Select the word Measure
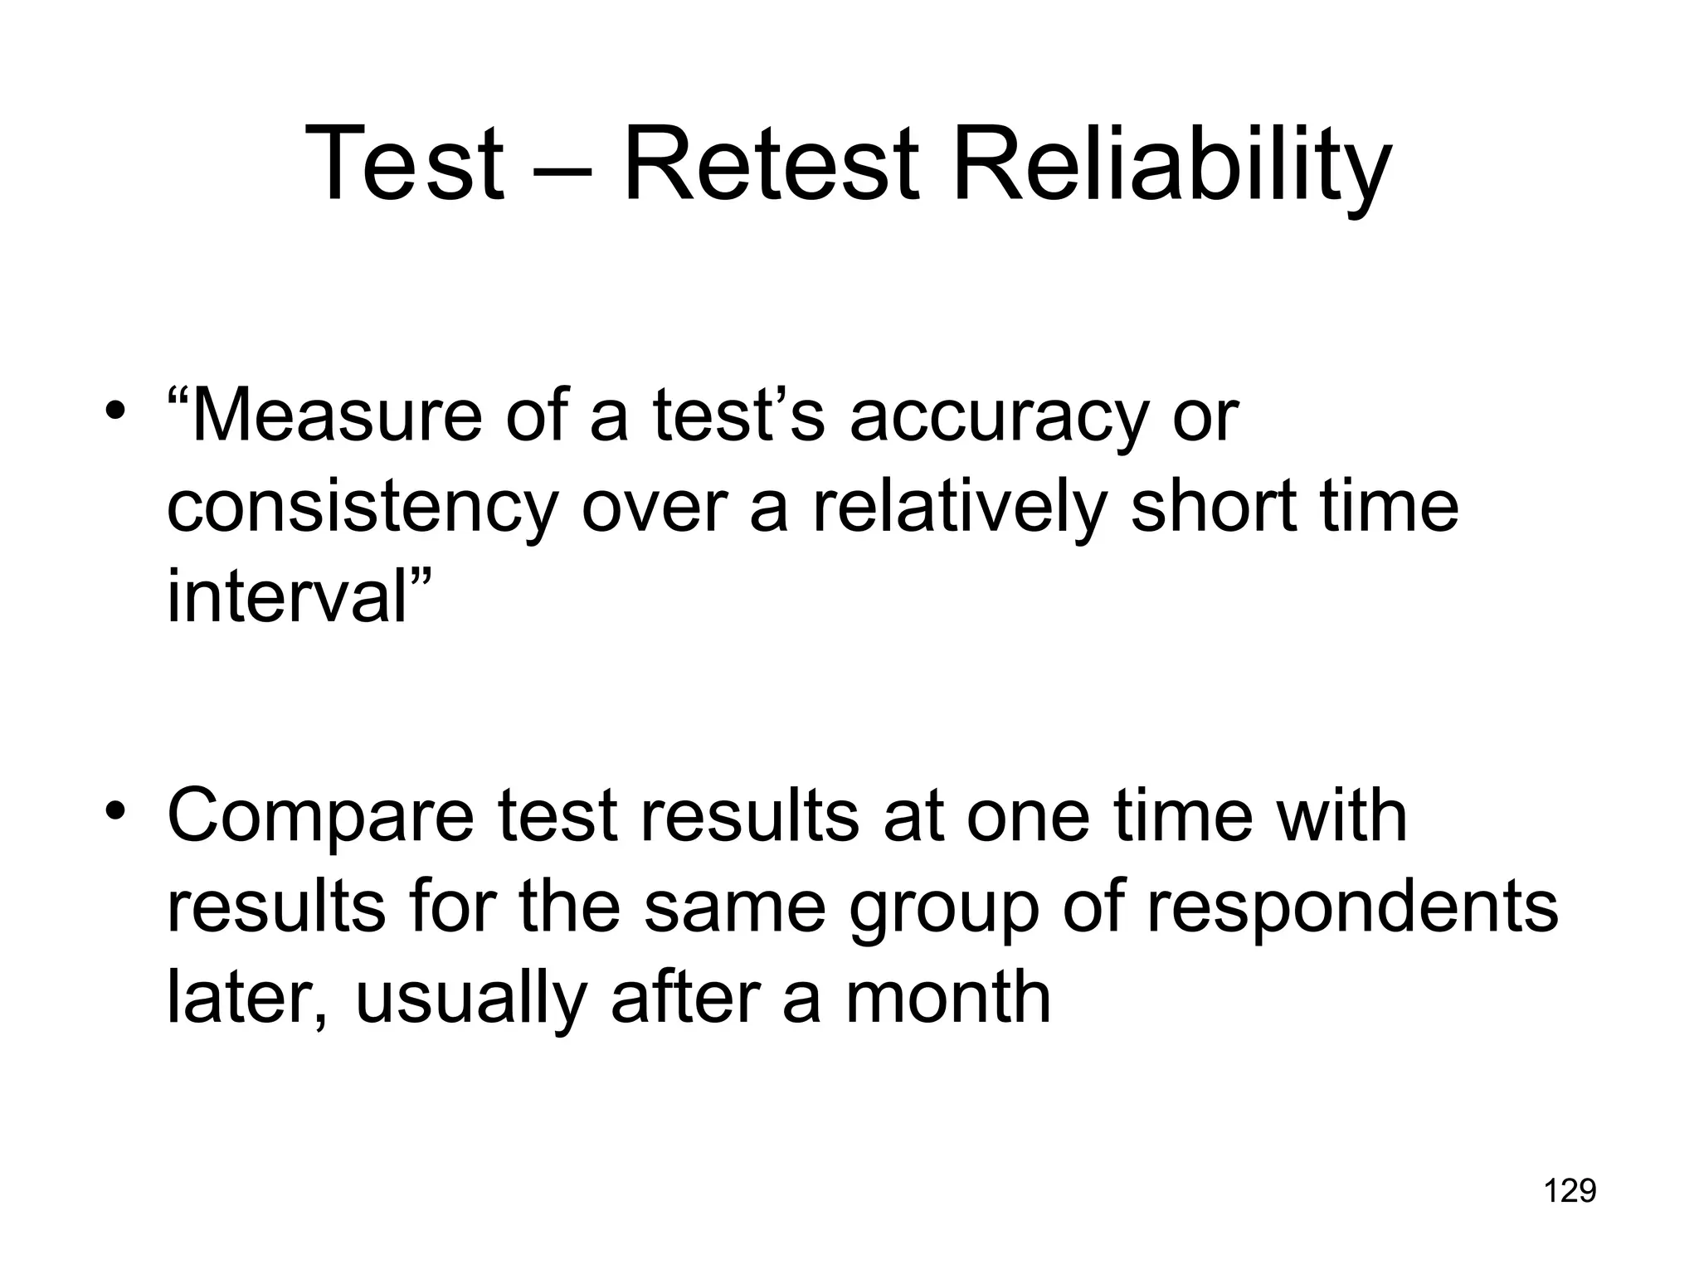pos(336,416)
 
